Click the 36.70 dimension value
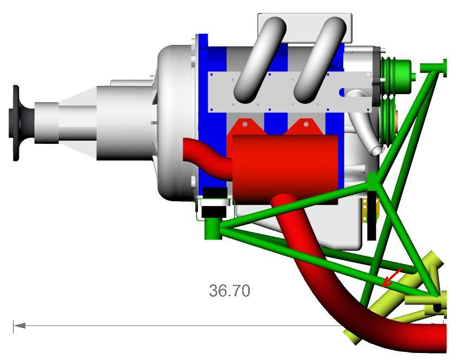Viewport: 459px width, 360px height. tap(229, 291)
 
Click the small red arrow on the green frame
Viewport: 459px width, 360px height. tap(392, 277)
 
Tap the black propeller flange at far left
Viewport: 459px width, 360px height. tap(17, 123)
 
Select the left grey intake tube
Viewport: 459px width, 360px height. tap(260, 60)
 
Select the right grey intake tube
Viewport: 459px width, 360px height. tap(320, 60)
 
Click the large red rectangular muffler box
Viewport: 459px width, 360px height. tap(285, 169)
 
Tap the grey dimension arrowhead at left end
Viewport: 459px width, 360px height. tap(19, 325)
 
